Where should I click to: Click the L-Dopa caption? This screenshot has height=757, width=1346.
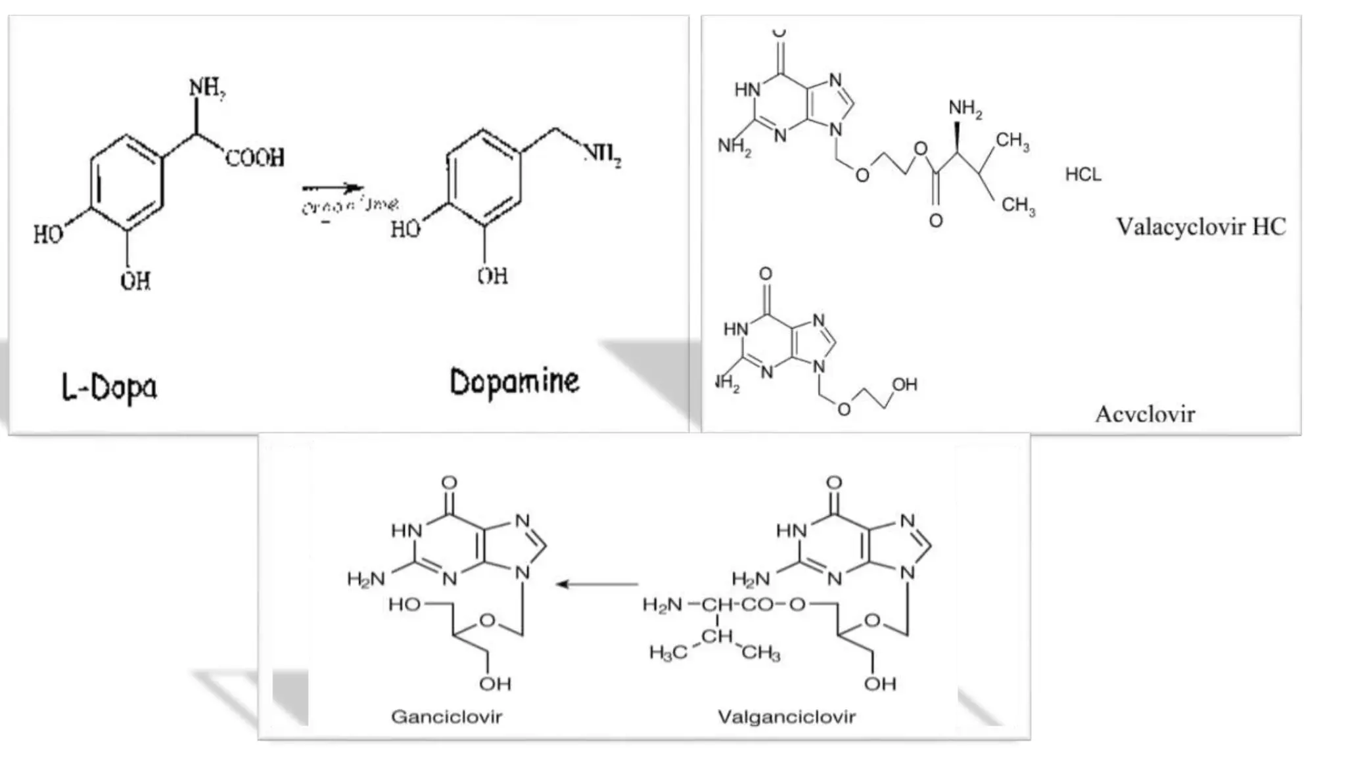click(110, 387)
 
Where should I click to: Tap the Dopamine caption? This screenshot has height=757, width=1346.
click(515, 382)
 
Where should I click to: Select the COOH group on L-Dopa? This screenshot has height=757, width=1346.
click(255, 158)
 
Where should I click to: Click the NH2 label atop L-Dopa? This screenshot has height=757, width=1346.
click(207, 88)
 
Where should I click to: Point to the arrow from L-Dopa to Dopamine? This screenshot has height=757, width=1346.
click(332, 189)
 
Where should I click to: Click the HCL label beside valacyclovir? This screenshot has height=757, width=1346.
click(1083, 175)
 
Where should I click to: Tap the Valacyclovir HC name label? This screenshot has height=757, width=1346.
click(1201, 227)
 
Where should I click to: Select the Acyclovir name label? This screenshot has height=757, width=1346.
click(1145, 415)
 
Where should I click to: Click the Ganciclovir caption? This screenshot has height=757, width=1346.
click(446, 716)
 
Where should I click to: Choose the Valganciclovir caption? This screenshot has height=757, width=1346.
click(787, 716)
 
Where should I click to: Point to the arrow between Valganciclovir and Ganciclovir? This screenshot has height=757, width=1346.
click(597, 584)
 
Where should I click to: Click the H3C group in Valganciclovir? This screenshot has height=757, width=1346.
click(668, 652)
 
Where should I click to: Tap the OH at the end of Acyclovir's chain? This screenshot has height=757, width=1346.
click(904, 385)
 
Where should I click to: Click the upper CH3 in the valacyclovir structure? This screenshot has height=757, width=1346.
click(1012, 141)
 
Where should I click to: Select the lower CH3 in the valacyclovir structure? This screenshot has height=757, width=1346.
click(1018, 206)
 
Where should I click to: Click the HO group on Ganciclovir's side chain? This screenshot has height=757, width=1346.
click(404, 605)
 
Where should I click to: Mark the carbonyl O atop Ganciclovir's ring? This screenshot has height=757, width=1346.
click(450, 484)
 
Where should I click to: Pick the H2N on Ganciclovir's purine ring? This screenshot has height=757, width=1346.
click(366, 579)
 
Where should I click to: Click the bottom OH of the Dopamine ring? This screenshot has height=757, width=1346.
click(493, 276)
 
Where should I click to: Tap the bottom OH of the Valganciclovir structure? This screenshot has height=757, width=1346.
click(880, 684)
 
